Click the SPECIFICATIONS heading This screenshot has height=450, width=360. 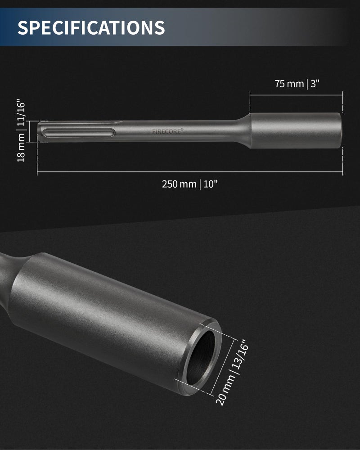tap(91, 27)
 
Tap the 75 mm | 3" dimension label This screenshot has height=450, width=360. tap(297, 84)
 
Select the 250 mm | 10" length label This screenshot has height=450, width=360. tap(192, 184)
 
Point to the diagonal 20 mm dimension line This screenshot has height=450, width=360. tap(224, 364)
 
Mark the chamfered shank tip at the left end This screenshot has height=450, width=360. tap(40, 132)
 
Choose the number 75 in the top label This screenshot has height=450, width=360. tap(280, 84)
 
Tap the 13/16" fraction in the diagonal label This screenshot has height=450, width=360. tap(241, 354)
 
